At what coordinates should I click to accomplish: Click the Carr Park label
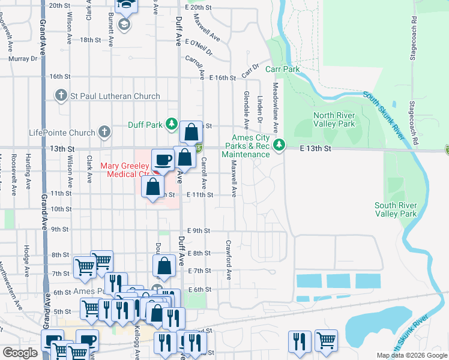click(283, 70)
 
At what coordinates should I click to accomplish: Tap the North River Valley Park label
click(334, 120)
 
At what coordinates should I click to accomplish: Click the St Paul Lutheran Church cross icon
click(61, 96)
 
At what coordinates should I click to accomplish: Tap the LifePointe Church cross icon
click(104, 131)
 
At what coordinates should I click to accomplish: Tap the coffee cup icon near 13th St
click(163, 160)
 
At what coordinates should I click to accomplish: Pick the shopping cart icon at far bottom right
click(326, 341)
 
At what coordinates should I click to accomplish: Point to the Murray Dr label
click(23, 59)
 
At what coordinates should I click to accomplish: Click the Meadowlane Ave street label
click(276, 108)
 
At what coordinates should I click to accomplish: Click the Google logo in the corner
click(20, 353)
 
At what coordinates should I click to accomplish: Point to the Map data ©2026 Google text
click(411, 355)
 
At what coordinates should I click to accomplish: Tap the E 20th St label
click(199, 7)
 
